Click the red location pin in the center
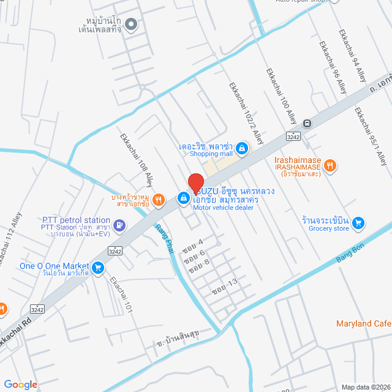point(195,183)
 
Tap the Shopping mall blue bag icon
point(242,148)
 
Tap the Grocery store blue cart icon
point(359,221)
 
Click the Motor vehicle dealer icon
point(183,197)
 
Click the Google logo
point(20,384)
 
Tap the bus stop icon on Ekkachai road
point(307,123)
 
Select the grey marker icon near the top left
point(130,25)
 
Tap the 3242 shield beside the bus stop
point(295,135)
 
